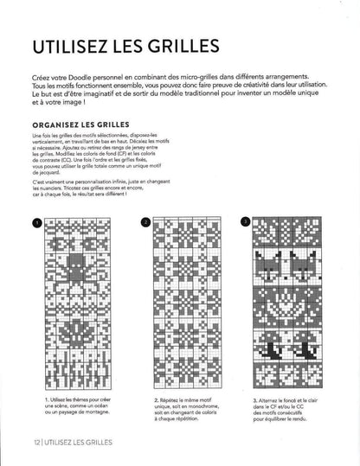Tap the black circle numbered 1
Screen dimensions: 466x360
(36, 222)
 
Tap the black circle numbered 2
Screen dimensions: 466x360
(145, 222)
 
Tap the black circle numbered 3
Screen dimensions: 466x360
(247, 222)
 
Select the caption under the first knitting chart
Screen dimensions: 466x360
(78, 406)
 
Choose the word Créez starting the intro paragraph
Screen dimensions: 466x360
(39, 79)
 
